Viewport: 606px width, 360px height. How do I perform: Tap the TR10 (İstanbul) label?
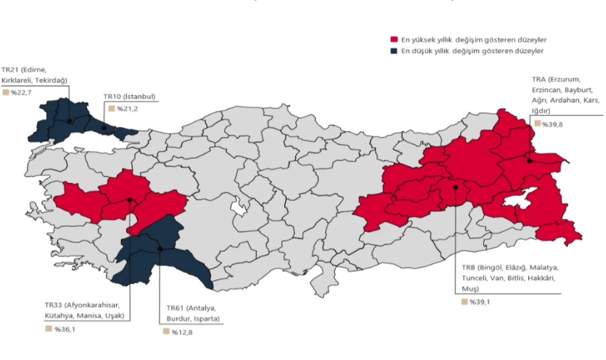pyautogui.click(x=129, y=97)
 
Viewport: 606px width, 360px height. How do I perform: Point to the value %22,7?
pyautogui.click(x=20, y=92)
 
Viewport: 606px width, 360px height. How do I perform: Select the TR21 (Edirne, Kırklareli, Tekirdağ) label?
pyautogui.click(x=35, y=74)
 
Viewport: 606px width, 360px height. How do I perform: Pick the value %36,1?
pyautogui.click(x=64, y=329)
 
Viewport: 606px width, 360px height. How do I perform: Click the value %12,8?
pyautogui.click(x=182, y=332)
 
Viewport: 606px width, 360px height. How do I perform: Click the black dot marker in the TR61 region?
pyautogui.click(x=160, y=249)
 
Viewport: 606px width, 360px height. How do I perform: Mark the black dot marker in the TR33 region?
pyautogui.click(x=130, y=200)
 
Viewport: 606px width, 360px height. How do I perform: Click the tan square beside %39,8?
pyautogui.click(x=537, y=124)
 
